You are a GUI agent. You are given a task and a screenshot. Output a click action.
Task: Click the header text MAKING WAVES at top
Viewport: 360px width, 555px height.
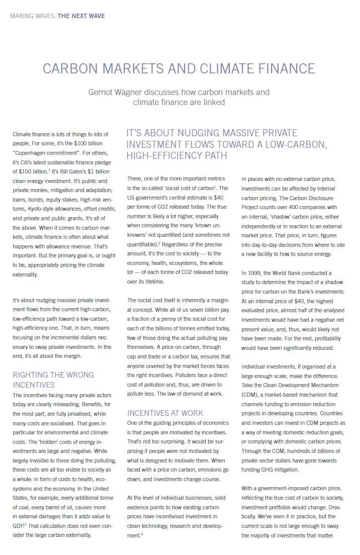33,16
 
